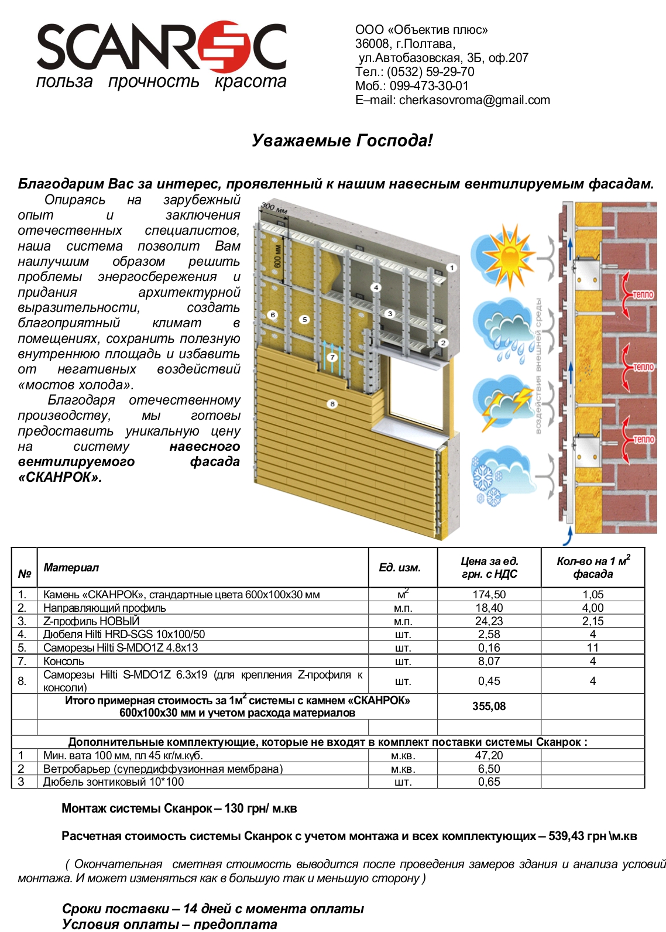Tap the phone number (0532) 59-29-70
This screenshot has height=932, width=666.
point(430,72)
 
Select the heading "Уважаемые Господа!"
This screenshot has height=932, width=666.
point(342,141)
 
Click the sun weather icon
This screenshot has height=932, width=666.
point(504,255)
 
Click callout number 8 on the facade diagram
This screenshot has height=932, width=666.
point(332,403)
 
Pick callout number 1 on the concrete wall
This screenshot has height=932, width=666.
point(451,268)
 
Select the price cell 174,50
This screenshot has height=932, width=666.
point(489,594)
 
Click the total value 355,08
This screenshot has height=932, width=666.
point(489,707)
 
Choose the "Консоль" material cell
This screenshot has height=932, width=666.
point(64,661)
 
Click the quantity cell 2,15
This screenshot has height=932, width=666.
point(592,621)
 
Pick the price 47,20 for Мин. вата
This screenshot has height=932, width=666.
point(489,755)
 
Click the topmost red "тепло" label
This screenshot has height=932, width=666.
point(642,294)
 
